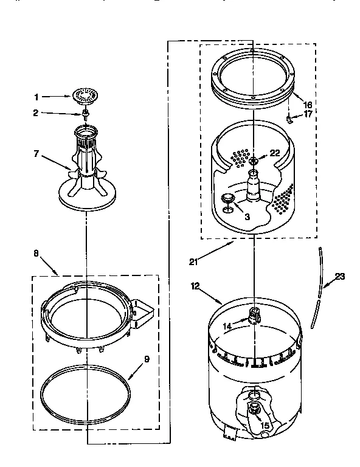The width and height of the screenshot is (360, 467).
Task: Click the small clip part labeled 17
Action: [290, 119]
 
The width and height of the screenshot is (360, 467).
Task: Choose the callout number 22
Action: [275, 153]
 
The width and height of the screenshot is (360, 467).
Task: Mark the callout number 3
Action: [247, 216]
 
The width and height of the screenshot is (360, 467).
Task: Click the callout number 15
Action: [265, 426]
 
